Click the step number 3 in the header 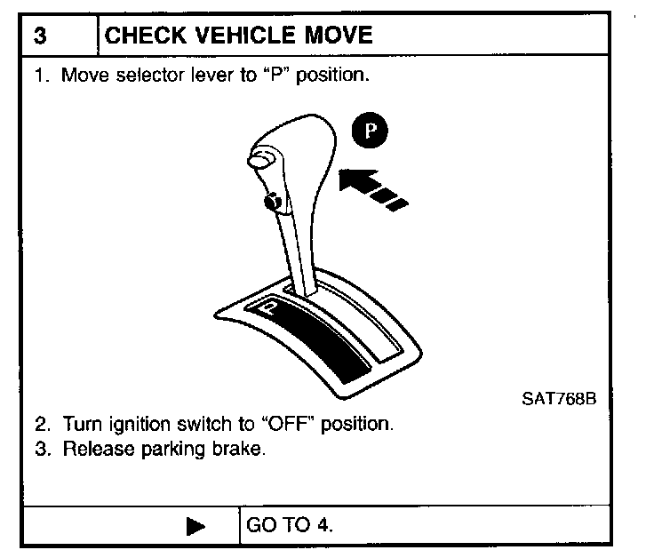coord(41,36)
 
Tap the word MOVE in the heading coord(335,36)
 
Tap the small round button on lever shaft coord(273,203)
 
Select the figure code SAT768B coord(558,398)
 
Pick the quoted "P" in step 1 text coord(271,75)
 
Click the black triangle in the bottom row coord(196,526)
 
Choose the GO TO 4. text coord(290,525)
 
